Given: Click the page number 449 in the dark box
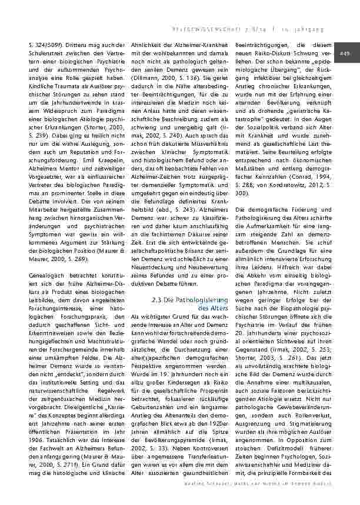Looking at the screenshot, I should [x=345, y=54].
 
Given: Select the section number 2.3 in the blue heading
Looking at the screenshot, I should [x=157, y=299].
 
